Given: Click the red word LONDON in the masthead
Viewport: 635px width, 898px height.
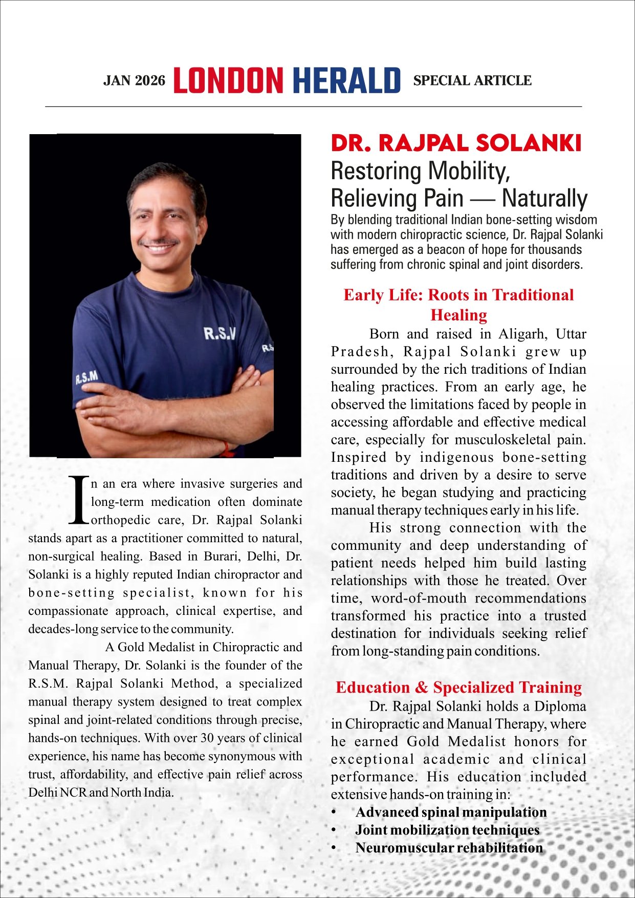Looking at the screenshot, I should point(228,80).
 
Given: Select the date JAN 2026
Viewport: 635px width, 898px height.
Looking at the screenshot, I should point(135,81).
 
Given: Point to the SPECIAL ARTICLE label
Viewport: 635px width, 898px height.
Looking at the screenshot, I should point(472,81).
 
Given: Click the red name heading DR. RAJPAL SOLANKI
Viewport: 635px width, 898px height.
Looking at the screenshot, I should point(456,143).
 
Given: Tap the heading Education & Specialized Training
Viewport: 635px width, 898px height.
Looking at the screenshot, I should point(458,687).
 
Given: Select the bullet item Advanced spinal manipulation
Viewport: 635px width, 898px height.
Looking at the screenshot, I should point(451,812).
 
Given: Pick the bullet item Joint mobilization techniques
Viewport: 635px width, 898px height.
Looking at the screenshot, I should point(447,830).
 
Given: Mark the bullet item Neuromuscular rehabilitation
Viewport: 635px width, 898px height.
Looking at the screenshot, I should point(449,848).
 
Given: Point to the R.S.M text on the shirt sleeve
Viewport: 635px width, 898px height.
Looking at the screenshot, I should point(86,378).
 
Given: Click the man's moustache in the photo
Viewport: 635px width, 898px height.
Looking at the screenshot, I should point(159,241).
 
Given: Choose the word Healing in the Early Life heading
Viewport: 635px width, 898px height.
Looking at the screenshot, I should point(458,314).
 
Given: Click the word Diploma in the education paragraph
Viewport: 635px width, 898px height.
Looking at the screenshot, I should point(560,707).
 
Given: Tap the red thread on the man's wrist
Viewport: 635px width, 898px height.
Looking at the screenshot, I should point(226,449).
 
